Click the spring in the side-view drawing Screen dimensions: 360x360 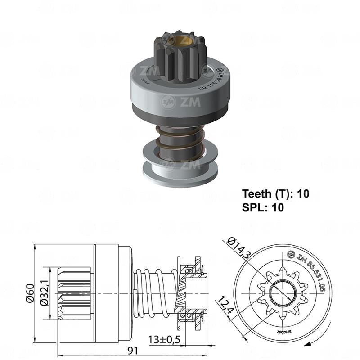[x=155, y=292]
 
